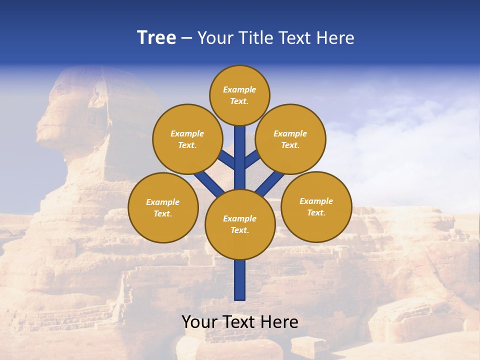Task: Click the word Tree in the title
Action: (x=156, y=37)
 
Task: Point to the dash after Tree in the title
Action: (x=187, y=38)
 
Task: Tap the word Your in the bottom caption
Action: (x=200, y=322)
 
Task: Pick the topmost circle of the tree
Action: (x=239, y=95)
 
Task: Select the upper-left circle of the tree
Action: (x=187, y=139)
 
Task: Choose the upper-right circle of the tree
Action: (x=290, y=139)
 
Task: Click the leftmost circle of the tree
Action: (x=163, y=207)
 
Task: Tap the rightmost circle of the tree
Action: (x=316, y=206)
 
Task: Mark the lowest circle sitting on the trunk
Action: (x=240, y=224)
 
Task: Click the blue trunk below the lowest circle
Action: (x=240, y=280)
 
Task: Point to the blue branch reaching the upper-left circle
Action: (x=227, y=160)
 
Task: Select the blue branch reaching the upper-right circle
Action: (x=252, y=159)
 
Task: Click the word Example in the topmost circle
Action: (x=239, y=89)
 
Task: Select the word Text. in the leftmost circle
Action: (x=163, y=213)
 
